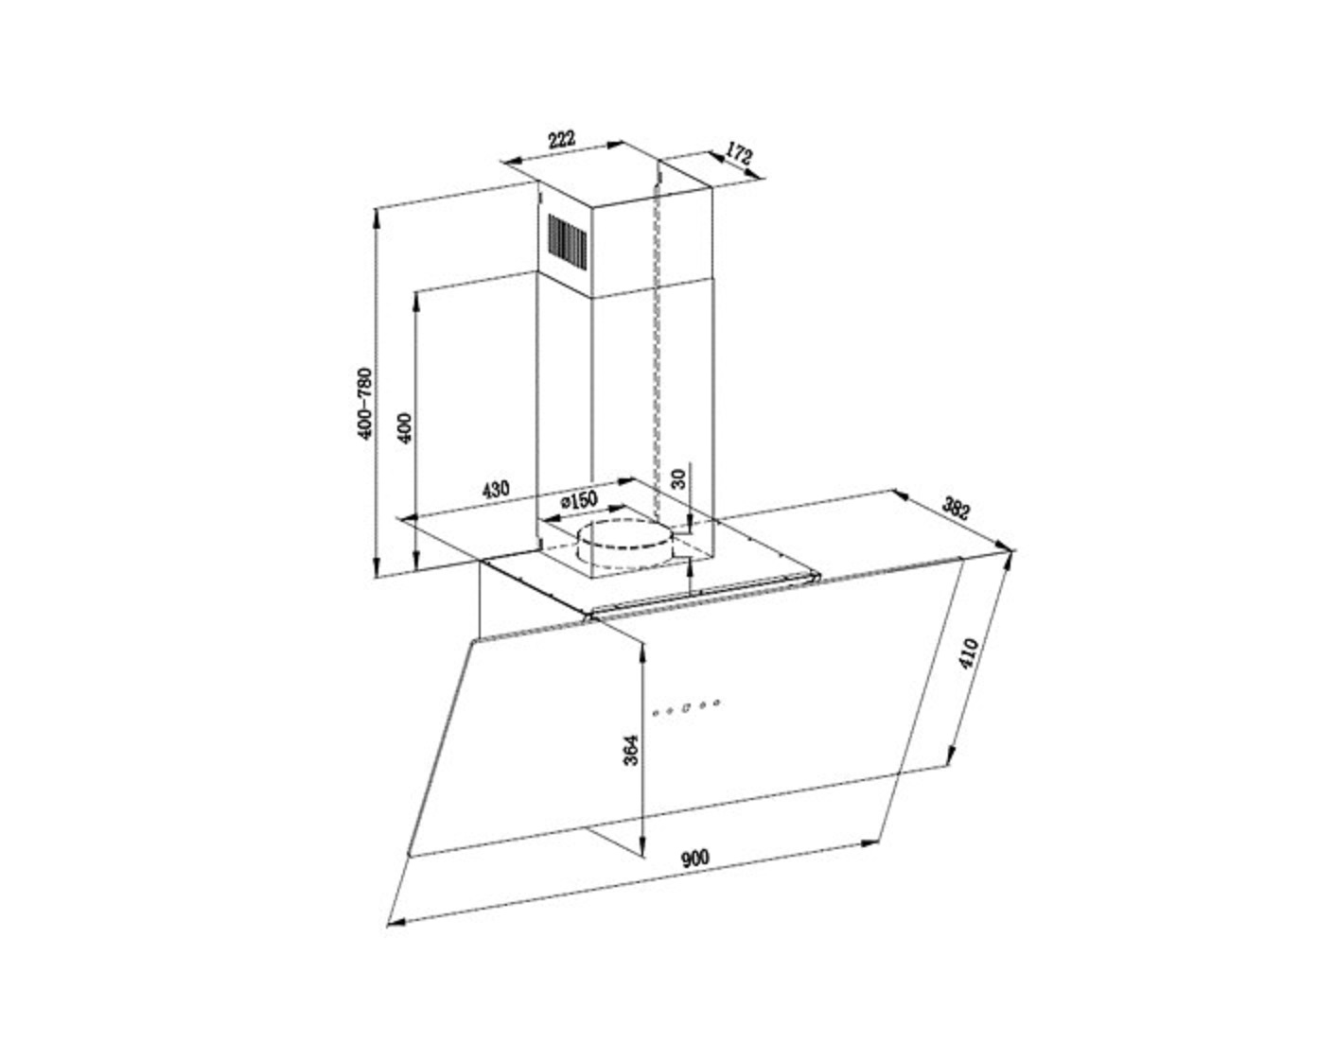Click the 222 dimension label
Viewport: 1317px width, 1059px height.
pyautogui.click(x=561, y=139)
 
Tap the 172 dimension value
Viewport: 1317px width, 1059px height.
pyautogui.click(x=739, y=153)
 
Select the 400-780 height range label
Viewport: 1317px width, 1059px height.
pyautogui.click(x=365, y=403)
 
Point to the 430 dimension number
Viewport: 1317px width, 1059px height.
pyautogui.click(x=496, y=490)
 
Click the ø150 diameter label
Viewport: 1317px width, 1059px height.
pyautogui.click(x=578, y=500)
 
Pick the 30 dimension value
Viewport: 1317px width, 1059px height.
pyautogui.click(x=679, y=478)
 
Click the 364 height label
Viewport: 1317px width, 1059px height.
pyautogui.click(x=630, y=750)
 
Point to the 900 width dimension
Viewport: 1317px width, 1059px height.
pyautogui.click(x=695, y=859)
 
